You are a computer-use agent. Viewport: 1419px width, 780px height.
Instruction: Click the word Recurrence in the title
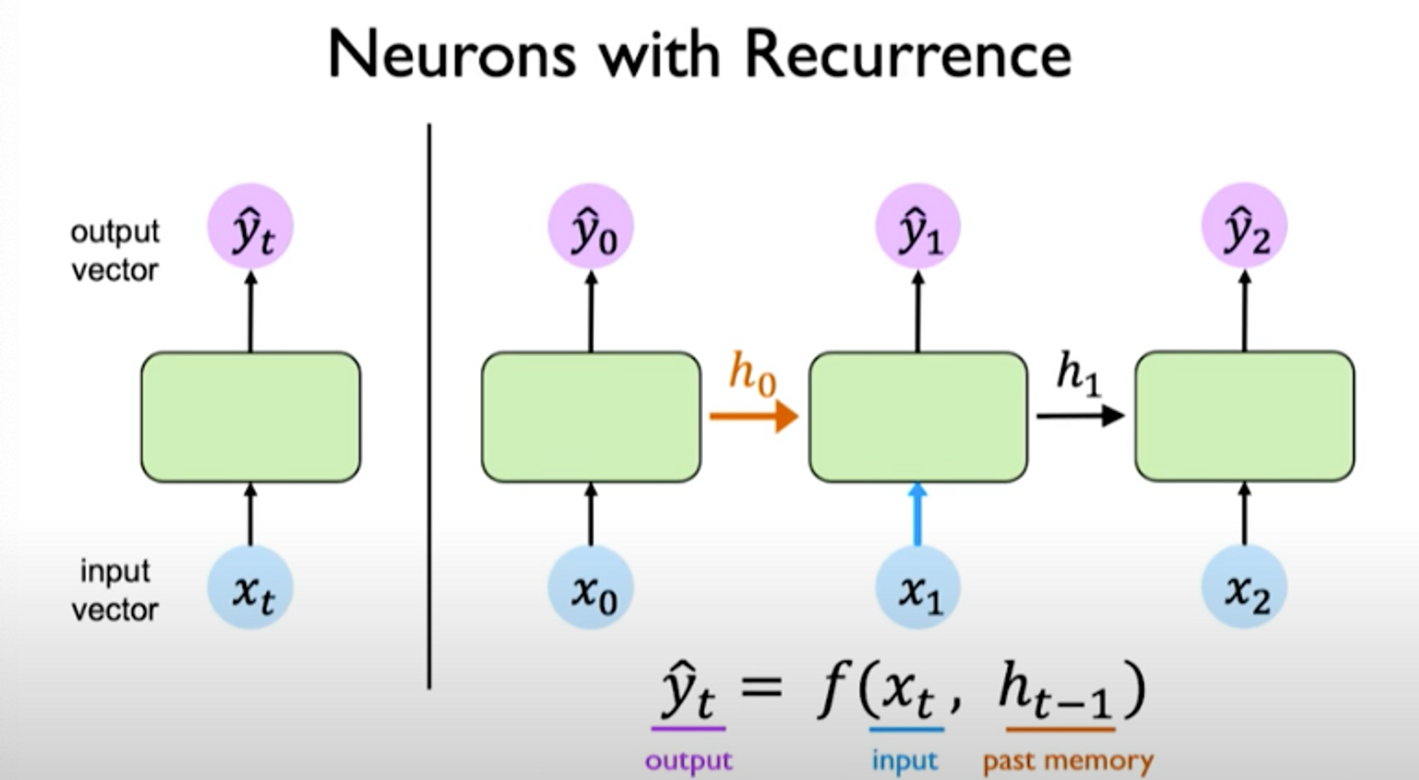point(908,55)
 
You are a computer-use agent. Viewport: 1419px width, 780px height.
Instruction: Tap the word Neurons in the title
point(451,55)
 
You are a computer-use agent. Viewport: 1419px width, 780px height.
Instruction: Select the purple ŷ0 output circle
point(591,227)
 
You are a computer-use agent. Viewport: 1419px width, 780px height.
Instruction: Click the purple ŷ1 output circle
point(918,227)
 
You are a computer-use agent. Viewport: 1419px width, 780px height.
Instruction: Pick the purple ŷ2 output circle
point(1245,227)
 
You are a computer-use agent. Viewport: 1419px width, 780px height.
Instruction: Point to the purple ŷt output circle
point(251,227)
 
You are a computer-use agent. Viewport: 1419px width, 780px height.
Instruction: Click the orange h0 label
point(752,373)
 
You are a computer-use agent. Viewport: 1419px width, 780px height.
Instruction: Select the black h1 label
point(1078,372)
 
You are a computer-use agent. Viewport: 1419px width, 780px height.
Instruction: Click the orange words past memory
point(1067,762)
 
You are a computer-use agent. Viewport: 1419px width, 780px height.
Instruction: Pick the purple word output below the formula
point(688,762)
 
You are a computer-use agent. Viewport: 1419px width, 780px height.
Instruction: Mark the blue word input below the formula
point(904,762)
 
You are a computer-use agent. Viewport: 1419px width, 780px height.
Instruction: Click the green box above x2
point(1245,417)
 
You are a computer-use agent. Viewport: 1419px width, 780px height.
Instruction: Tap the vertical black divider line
point(429,406)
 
